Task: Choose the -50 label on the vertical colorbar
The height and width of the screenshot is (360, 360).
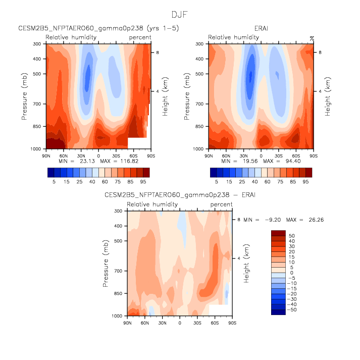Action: [x=292, y=309]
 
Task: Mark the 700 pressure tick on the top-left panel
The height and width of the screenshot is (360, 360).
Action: [x=39, y=104]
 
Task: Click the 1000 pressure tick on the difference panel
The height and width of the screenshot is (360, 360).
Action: [x=119, y=316]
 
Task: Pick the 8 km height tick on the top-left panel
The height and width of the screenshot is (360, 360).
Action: [x=157, y=52]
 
